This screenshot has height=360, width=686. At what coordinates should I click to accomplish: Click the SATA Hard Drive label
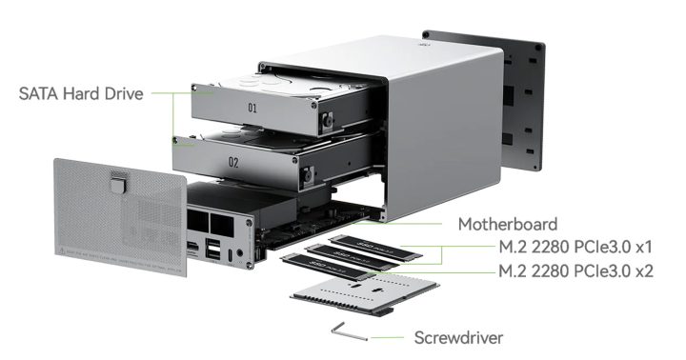pyautogui.click(x=81, y=94)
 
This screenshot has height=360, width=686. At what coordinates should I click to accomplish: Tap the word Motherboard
pyautogui.click(x=508, y=225)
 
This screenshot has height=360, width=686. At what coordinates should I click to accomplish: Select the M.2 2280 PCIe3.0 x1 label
pyautogui.click(x=576, y=249)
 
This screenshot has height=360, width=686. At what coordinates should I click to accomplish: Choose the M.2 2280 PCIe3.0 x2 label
pyautogui.click(x=576, y=270)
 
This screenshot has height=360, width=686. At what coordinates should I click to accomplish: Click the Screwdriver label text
pyautogui.click(x=458, y=337)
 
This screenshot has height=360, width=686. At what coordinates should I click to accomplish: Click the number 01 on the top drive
pyautogui.click(x=252, y=109)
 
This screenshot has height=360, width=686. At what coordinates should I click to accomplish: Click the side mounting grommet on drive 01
pyautogui.click(x=326, y=122)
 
